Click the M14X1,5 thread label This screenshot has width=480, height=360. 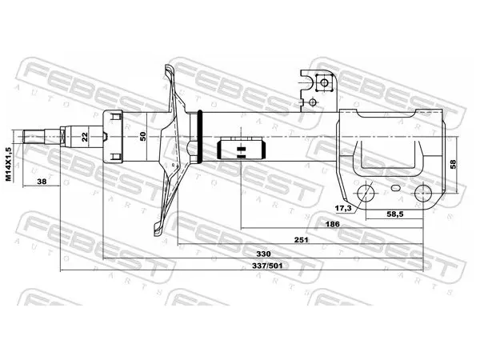[8, 164]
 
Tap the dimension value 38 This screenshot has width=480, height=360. [42, 182]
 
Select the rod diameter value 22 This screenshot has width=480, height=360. [85, 136]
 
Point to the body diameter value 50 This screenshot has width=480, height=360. [143, 136]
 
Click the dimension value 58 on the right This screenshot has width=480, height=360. [453, 164]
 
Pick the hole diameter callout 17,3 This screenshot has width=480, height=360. [343, 209]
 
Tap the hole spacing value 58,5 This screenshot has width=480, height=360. [395, 214]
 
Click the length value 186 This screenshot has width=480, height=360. [332, 224]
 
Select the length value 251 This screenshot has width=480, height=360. [301, 240]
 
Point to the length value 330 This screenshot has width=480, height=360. [263, 254]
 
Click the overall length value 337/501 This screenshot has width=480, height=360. [267, 266]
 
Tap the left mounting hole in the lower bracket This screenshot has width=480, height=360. [366, 194]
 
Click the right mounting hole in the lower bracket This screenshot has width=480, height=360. [422, 194]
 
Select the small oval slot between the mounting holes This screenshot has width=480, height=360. [395, 188]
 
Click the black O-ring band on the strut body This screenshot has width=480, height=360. [200, 136]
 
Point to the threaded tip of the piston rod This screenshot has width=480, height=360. [34, 137]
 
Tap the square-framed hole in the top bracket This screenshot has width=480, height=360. [324, 82]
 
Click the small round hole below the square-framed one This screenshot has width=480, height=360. [312, 102]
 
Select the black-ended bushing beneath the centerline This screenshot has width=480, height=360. [241, 150]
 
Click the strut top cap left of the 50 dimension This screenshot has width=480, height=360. [113, 136]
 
